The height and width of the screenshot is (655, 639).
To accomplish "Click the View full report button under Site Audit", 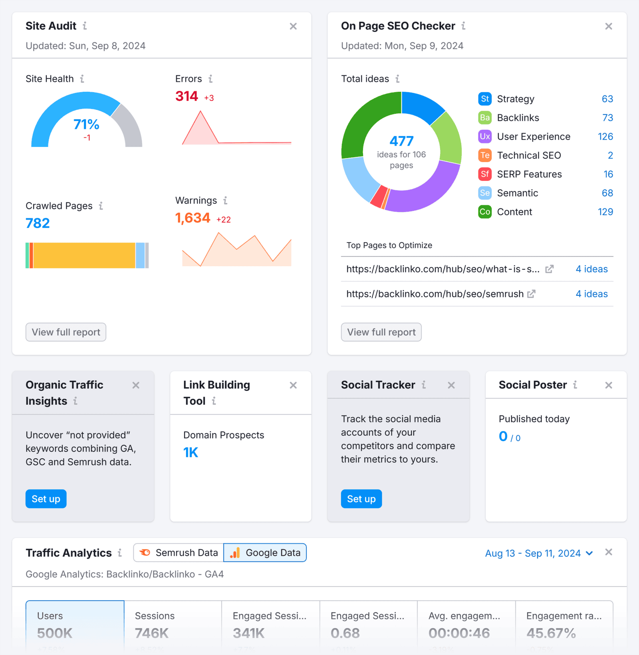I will click(66, 332).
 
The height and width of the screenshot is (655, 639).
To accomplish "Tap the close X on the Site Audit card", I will click(293, 26).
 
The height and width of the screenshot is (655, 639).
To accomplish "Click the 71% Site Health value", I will click(86, 125).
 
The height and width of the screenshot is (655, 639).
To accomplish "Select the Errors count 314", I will click(187, 96).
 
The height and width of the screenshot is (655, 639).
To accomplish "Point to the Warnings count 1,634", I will click(192, 218).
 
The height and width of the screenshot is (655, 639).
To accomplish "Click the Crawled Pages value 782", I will click(38, 223).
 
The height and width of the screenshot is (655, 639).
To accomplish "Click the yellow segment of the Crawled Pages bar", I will click(84, 255).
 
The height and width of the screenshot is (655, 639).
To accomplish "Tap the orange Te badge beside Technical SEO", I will click(485, 155).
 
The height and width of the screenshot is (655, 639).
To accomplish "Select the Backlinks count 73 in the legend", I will click(607, 118).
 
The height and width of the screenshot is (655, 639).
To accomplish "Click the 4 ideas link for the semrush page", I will click(591, 294).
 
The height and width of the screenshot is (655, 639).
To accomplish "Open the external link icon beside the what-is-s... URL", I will click(550, 269).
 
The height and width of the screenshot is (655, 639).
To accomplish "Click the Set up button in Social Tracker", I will click(361, 499).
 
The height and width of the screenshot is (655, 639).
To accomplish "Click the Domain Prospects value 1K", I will click(191, 453).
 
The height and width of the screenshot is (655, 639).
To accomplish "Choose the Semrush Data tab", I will click(179, 553).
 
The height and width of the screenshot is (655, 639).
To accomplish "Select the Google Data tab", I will click(265, 553).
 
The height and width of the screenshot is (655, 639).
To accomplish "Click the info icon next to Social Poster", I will click(575, 385).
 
